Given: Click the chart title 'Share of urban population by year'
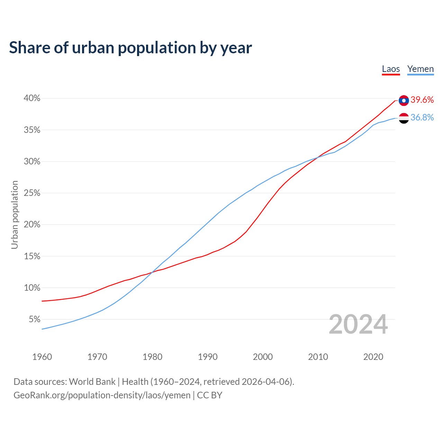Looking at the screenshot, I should click(x=130, y=48).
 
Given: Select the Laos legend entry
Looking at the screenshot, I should click(x=391, y=69).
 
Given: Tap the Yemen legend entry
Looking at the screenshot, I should click(x=420, y=69).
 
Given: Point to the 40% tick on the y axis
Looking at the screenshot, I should click(x=32, y=98).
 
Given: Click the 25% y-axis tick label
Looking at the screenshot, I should click(x=32, y=193).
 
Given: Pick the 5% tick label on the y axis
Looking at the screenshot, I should click(x=34, y=319).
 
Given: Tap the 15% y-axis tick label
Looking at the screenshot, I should click(x=32, y=256).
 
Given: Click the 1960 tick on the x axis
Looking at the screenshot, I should click(x=42, y=357).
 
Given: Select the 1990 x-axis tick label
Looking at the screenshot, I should click(x=208, y=357).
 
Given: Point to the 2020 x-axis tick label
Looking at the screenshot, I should click(x=373, y=357).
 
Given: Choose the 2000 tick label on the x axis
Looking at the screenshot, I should click(x=263, y=357).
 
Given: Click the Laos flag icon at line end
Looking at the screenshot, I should click(x=404, y=100).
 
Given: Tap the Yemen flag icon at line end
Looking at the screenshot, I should click(x=404, y=118).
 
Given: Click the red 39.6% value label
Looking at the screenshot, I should click(x=422, y=100).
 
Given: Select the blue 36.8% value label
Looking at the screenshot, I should click(x=422, y=118).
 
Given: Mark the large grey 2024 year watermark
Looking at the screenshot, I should click(x=358, y=324).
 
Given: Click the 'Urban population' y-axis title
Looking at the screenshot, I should click(x=15, y=215).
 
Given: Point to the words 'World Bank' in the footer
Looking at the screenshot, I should click(x=92, y=382).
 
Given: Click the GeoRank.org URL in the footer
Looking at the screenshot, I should click(x=102, y=395).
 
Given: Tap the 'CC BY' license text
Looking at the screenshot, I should click(x=209, y=395).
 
